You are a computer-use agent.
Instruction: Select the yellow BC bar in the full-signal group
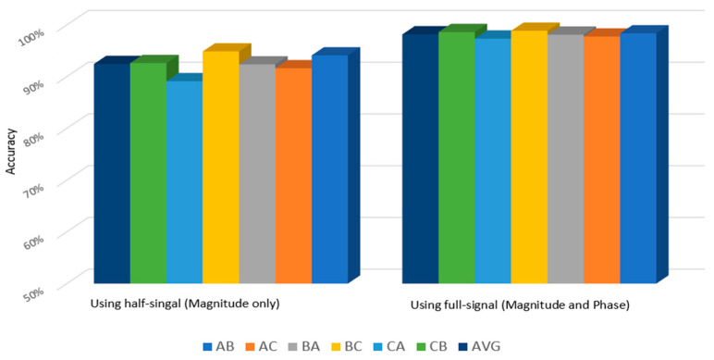(x=528, y=156)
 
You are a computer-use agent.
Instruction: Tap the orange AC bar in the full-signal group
(x=601, y=159)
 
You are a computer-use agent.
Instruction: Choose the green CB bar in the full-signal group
(x=456, y=157)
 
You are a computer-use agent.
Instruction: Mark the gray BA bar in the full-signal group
(x=565, y=158)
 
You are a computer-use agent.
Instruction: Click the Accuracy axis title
(x=11, y=149)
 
